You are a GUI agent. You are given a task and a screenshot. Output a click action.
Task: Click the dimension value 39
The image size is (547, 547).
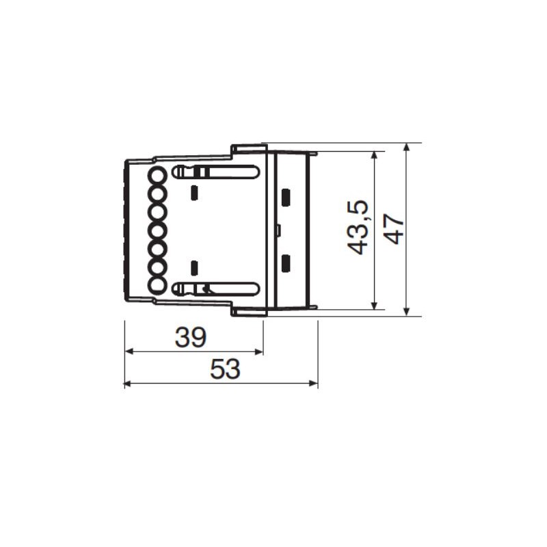(x=191, y=337)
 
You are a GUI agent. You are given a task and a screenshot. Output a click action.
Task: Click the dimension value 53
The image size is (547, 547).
(x=226, y=369)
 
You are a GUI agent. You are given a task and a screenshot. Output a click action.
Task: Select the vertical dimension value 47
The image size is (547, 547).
(x=394, y=228)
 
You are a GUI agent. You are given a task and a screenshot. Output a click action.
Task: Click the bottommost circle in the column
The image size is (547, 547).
(x=157, y=285)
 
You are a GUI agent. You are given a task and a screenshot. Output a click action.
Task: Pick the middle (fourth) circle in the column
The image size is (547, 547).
(x=157, y=230)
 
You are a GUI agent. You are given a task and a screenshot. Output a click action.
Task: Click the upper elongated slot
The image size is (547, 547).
(x=216, y=172)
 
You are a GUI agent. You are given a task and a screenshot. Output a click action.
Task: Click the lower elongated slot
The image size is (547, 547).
(x=216, y=289)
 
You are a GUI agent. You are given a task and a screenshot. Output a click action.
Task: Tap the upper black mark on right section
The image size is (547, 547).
(x=286, y=197)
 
